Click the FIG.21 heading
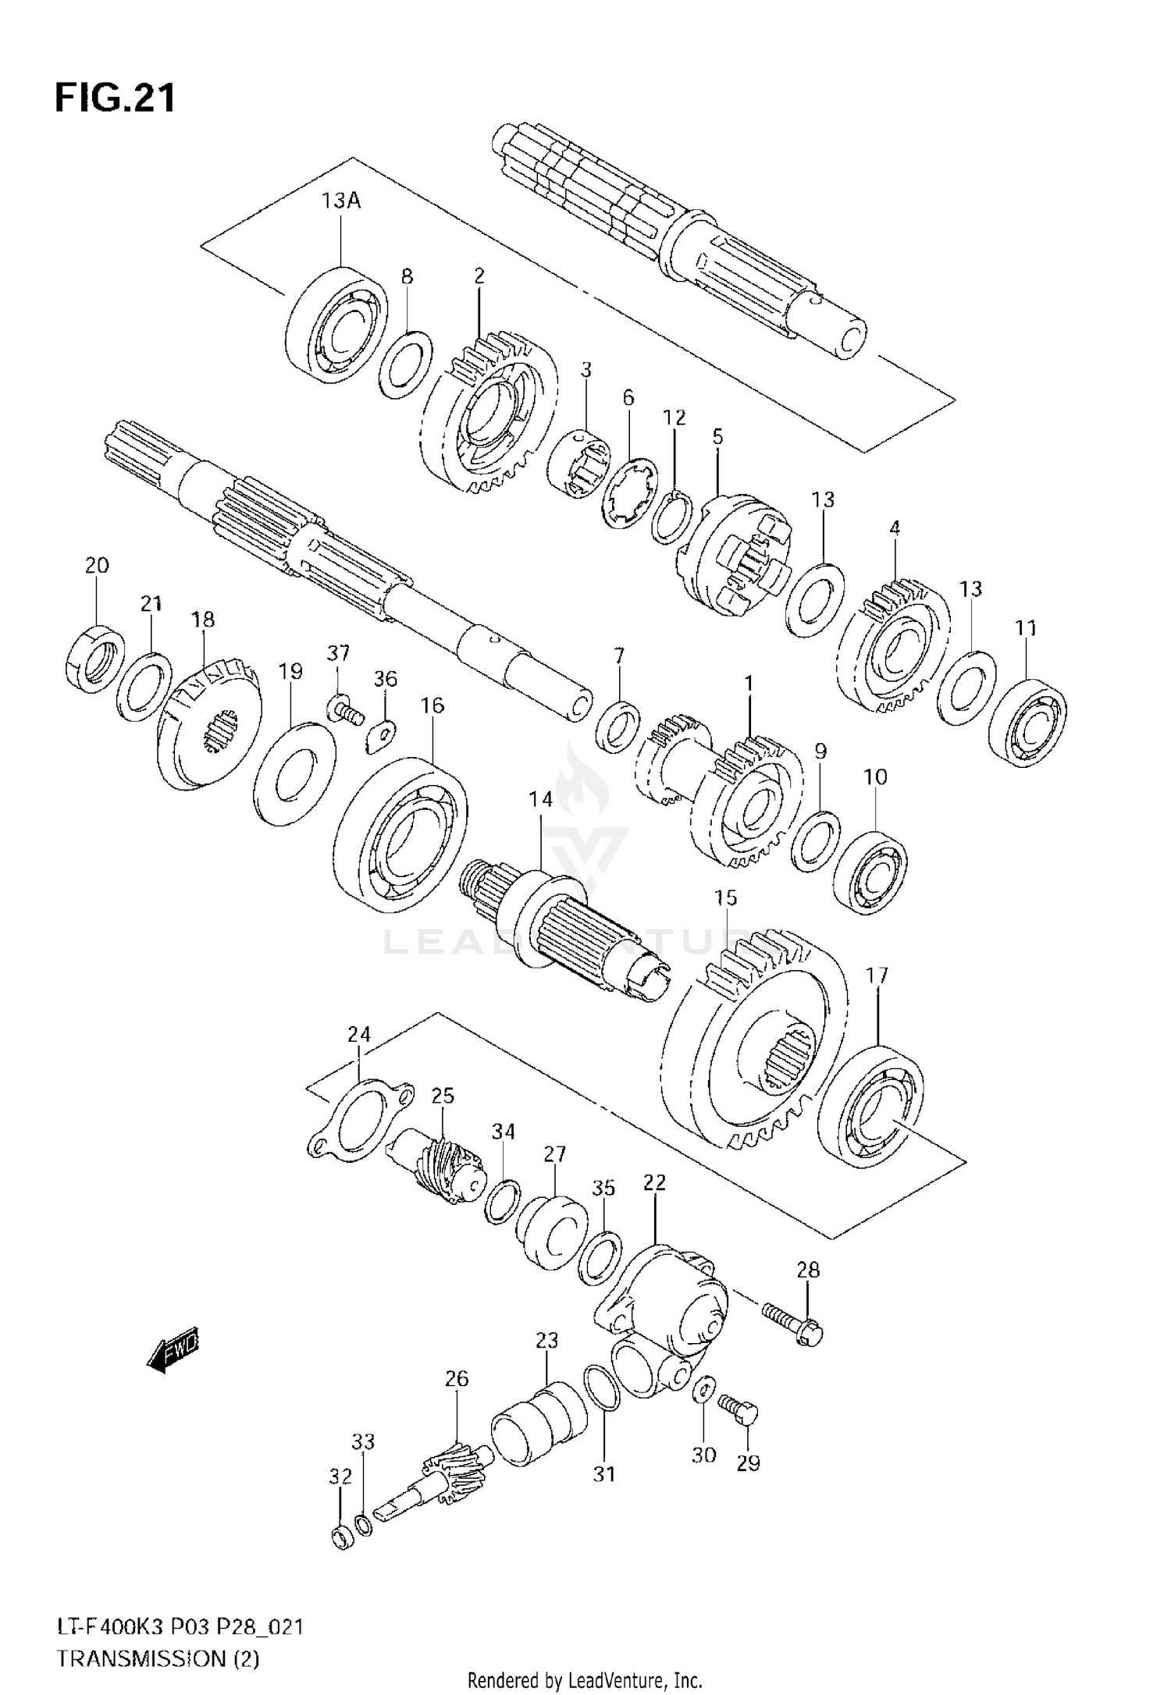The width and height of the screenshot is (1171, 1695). tap(116, 99)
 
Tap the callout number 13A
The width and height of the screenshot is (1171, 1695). tap(341, 201)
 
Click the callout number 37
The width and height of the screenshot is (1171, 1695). tap(338, 652)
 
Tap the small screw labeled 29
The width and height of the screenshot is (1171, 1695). tap(738, 1411)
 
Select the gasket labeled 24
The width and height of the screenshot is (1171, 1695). tap(358, 1117)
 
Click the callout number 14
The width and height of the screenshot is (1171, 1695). tap(539, 799)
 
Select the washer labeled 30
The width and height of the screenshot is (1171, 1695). tap(702, 1390)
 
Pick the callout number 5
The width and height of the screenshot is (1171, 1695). tap(717, 437)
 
